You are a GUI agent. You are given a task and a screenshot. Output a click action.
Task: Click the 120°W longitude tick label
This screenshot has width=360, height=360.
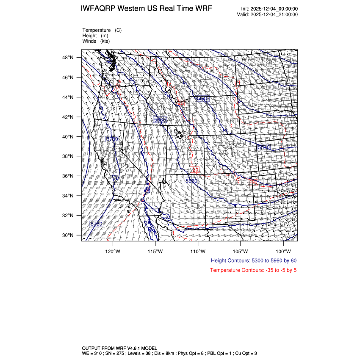(x=113, y=251)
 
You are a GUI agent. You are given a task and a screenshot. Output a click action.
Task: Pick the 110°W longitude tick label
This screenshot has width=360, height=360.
(x=198, y=251)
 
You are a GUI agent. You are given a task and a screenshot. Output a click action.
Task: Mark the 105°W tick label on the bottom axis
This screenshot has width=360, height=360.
(x=240, y=251)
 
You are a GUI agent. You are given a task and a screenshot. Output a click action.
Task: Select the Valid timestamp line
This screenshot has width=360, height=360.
(x=268, y=14)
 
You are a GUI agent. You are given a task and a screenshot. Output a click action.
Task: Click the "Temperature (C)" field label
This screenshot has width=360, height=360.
(x=102, y=30)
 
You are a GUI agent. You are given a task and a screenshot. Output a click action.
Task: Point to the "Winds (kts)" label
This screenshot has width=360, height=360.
(x=96, y=41)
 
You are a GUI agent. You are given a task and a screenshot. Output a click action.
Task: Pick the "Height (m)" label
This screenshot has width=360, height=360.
(x=95, y=36)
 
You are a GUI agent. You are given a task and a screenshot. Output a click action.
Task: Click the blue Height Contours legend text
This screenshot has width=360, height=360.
(x=253, y=260)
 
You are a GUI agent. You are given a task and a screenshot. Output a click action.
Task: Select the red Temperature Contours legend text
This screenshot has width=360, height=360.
(x=253, y=270)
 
